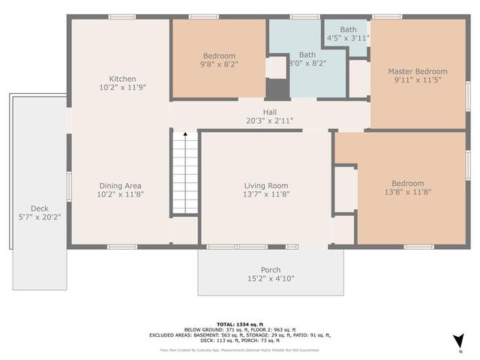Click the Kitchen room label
pos(122,79)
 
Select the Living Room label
pos(266,185)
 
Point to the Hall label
pos(269,112)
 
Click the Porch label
pos(271,270)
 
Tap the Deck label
pos(39,208)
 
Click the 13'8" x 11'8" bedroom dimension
pos(407,192)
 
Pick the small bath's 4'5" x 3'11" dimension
pos(348,37)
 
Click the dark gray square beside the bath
pos(277,88)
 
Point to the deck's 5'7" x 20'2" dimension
pos(39,217)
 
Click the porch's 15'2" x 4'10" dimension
pos(271,278)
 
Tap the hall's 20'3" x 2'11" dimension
pos(269,120)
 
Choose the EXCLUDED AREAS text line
pos(240,335)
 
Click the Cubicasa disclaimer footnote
pos(240,349)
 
